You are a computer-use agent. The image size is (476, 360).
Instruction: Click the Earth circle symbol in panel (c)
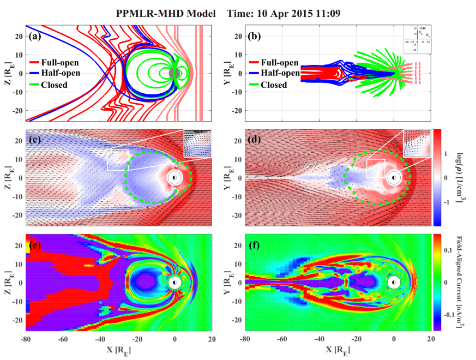[174, 177]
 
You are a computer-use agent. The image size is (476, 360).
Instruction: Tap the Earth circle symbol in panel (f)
[394, 283]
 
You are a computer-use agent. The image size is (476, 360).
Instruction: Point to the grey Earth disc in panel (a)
[174, 73]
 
